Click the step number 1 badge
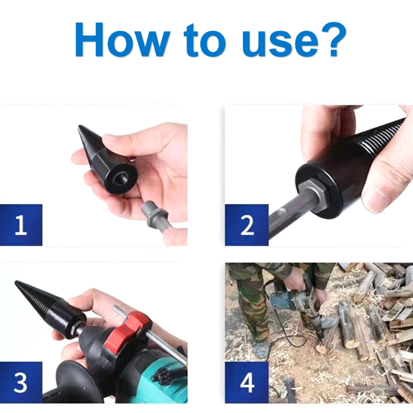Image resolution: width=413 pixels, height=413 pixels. (x=21, y=225)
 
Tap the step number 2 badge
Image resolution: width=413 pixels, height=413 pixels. (x=247, y=225)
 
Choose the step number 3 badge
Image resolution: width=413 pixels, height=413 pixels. (x=21, y=382)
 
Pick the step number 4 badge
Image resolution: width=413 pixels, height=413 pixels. (x=247, y=382)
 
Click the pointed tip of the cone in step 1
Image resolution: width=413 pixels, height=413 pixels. (x=79, y=126)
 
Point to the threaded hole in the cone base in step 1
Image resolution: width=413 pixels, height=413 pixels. (x=120, y=179)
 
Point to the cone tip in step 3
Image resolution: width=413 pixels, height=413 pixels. (x=17, y=282)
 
